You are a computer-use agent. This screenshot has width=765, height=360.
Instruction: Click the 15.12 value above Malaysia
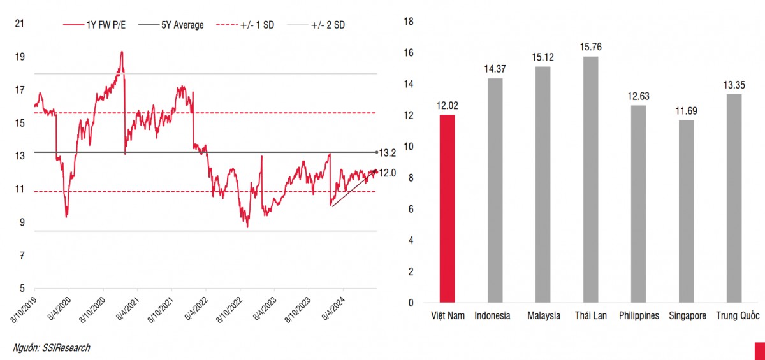(x=543, y=57)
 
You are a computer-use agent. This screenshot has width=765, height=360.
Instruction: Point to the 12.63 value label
(x=639, y=96)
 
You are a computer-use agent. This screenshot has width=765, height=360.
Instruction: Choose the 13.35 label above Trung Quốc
(x=734, y=85)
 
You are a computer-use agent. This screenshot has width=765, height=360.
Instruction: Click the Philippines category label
(x=639, y=316)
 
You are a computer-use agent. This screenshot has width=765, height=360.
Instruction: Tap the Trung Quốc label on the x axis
(x=734, y=316)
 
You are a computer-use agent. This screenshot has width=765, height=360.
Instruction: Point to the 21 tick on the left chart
(x=20, y=24)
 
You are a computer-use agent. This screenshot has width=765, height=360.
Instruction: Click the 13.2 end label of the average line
(x=388, y=153)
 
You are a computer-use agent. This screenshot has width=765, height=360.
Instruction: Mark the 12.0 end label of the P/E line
(x=388, y=173)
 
